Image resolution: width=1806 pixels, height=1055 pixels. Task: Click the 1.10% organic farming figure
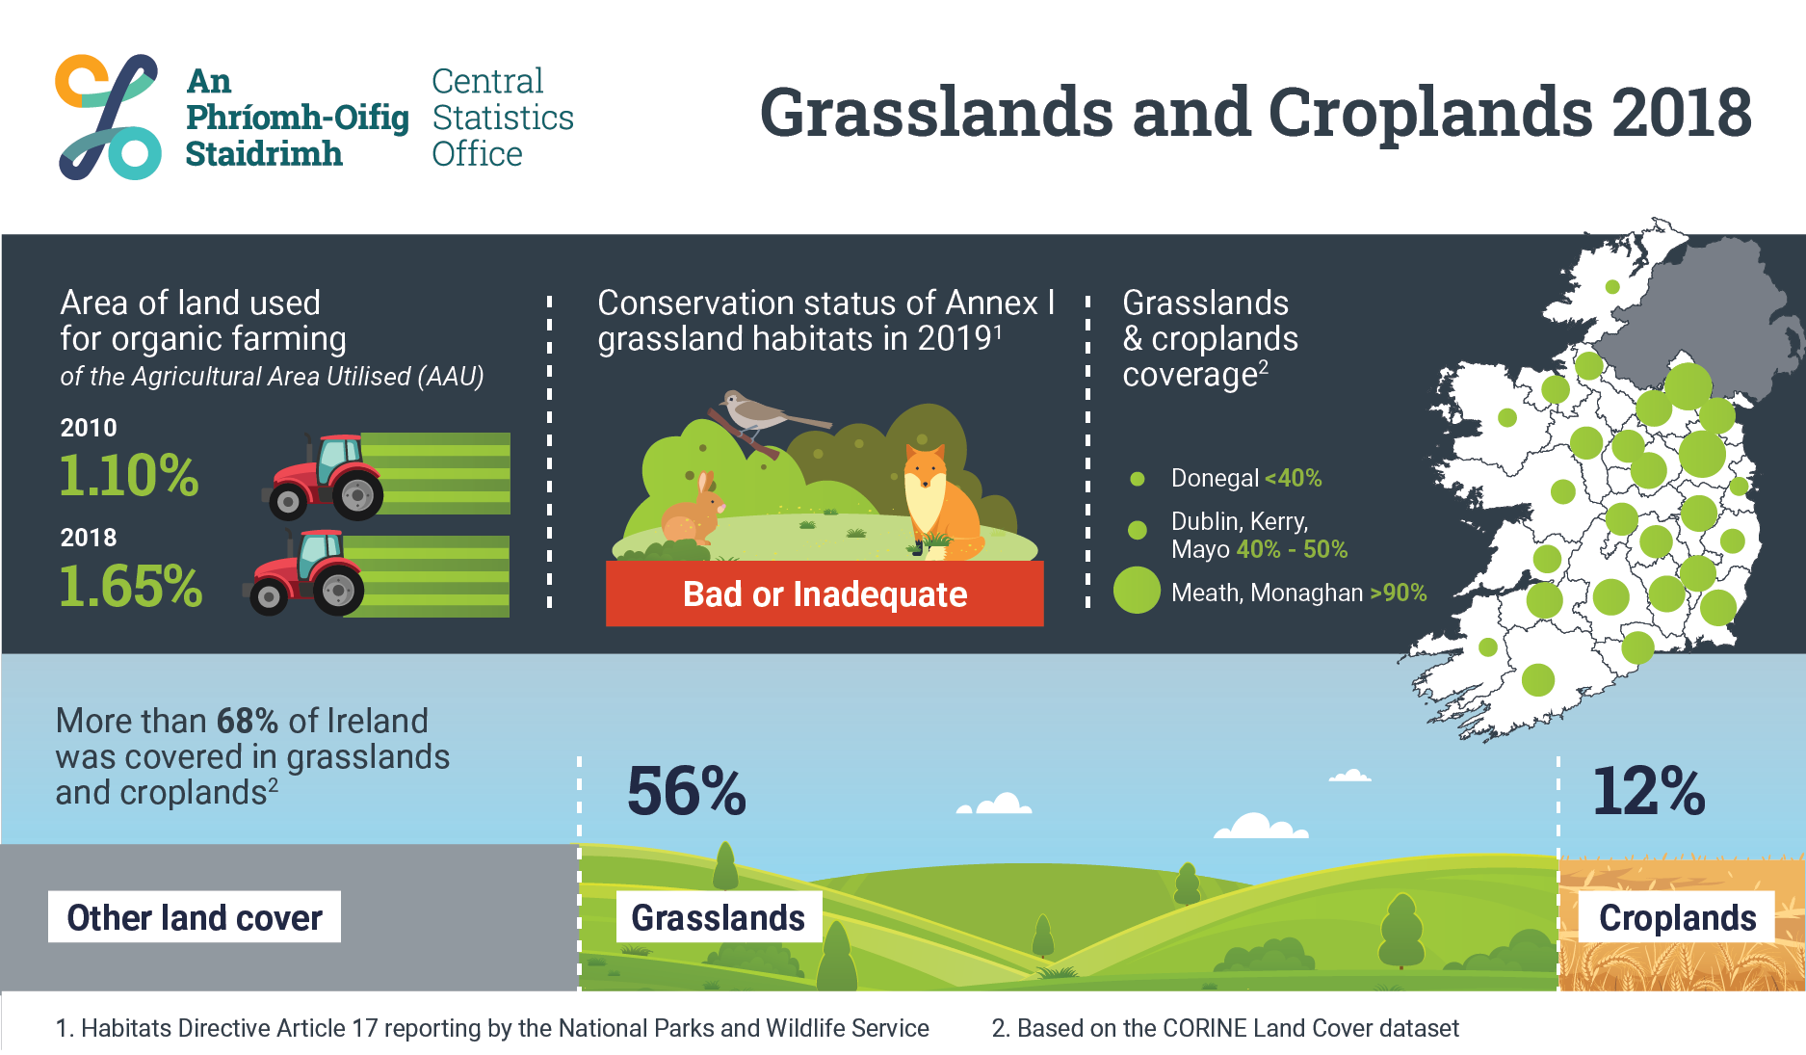[129, 476]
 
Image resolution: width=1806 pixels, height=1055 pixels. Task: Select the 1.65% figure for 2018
[131, 586]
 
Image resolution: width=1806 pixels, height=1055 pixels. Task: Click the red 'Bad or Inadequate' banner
[824, 593]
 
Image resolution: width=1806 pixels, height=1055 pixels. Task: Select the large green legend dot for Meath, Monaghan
[1137, 591]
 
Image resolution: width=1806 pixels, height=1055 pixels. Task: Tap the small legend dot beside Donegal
[1138, 479]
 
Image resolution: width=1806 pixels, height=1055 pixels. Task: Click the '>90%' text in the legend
[1398, 593]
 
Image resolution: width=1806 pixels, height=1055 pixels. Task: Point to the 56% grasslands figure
[687, 791]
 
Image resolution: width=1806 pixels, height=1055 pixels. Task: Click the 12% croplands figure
[1649, 791]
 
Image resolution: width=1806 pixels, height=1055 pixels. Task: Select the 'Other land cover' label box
[195, 916]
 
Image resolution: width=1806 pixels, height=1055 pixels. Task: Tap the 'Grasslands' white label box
[719, 916]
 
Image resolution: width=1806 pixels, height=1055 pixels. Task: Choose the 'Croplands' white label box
[1677, 916]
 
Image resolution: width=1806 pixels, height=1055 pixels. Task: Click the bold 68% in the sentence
[248, 721]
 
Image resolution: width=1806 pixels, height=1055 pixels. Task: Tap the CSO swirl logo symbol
[108, 117]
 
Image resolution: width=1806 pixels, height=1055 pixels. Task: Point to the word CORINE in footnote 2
[1204, 1028]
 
